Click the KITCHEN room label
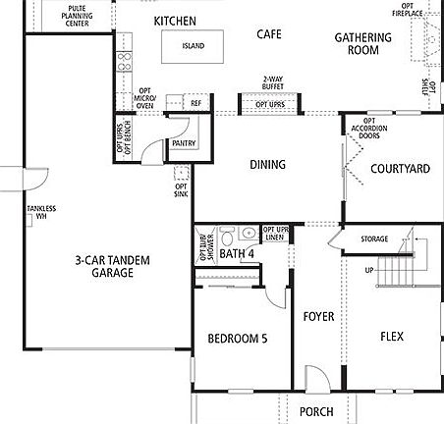coord(176,21)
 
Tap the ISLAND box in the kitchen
coord(193,46)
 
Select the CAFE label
coord(269,34)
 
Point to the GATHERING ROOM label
coord(362,44)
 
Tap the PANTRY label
coord(184,143)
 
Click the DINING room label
coord(267,165)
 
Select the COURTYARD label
coord(400,169)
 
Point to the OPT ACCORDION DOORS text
coord(364,129)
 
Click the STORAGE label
coord(374,239)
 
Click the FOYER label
coord(317,316)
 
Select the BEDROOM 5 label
coord(238,339)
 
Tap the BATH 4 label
coord(236,254)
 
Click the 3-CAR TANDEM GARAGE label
coord(105,268)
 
